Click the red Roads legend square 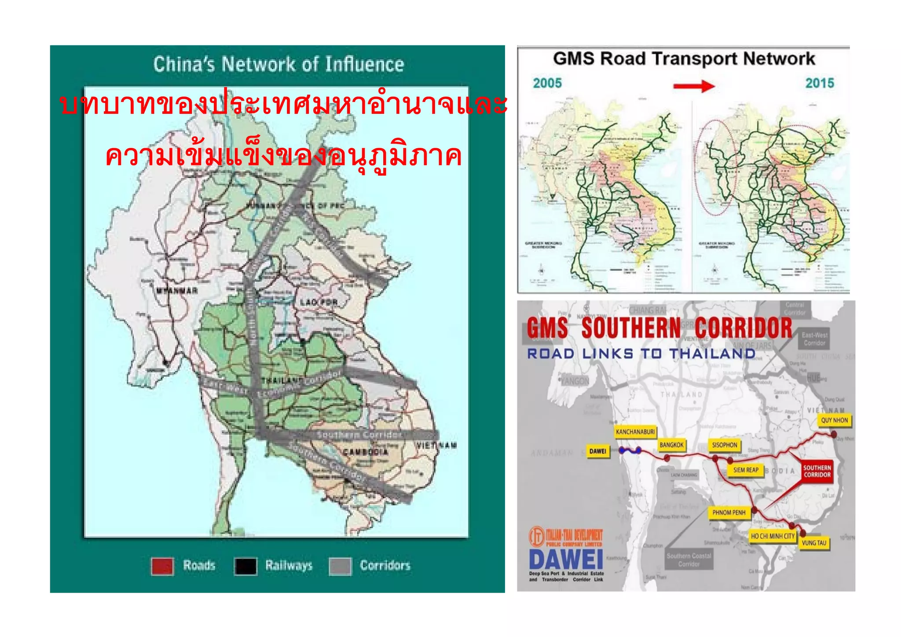click(x=162, y=566)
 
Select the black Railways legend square click(x=245, y=566)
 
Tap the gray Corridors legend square click(x=340, y=566)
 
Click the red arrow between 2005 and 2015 click(x=694, y=86)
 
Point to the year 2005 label click(x=547, y=83)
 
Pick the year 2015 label click(x=820, y=83)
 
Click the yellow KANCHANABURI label click(x=635, y=432)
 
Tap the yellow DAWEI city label click(x=598, y=451)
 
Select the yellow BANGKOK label click(x=671, y=445)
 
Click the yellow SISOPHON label click(x=725, y=445)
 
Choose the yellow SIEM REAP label click(x=746, y=470)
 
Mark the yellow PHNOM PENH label click(x=729, y=513)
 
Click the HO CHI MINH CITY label click(x=773, y=536)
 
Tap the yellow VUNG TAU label click(x=814, y=543)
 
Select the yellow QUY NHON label click(x=834, y=420)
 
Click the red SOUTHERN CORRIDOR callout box click(x=817, y=471)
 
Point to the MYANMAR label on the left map click(x=177, y=291)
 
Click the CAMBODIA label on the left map click(x=366, y=452)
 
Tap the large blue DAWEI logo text click(x=566, y=560)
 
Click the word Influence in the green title click(x=365, y=65)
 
